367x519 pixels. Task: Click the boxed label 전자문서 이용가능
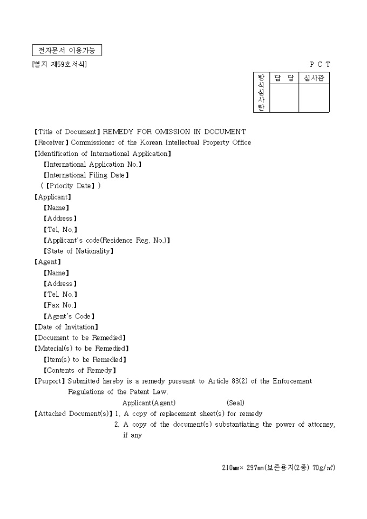coord(67,51)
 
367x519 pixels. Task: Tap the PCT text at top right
coord(320,64)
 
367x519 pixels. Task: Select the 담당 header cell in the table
coord(284,78)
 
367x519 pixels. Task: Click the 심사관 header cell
coord(314,78)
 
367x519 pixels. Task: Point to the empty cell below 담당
coord(284,98)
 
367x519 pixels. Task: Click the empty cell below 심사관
coord(314,98)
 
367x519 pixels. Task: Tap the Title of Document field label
coord(67,132)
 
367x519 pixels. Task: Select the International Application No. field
coord(92,164)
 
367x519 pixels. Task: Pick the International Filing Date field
coord(86,175)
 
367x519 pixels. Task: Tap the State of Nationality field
coord(78,251)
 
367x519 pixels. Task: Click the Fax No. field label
coord(60,305)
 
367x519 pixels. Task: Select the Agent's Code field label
coord(69,316)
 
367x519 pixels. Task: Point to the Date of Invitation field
coord(66,327)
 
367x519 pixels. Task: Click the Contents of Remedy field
coord(79,370)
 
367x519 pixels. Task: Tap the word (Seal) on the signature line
coord(235,403)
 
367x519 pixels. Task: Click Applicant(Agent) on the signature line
coord(149,403)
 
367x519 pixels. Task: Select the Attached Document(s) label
coord(73,414)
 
